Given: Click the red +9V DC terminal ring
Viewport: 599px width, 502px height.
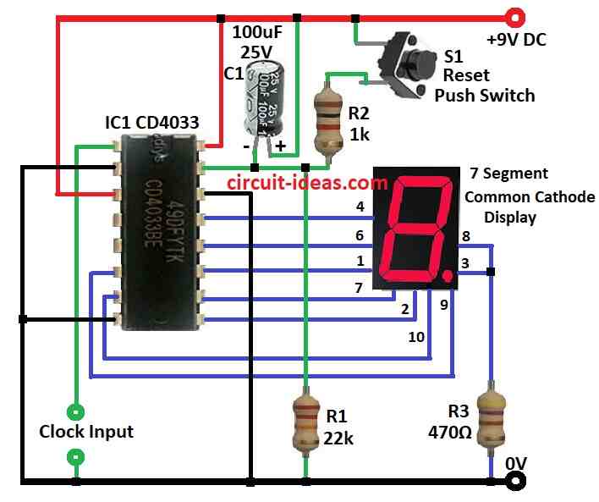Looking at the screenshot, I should (x=512, y=16).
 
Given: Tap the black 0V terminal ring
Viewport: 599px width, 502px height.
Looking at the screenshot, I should (x=512, y=482).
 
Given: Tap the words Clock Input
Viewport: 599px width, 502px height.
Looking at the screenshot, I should (x=86, y=432).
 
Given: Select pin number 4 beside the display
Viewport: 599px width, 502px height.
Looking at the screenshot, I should (x=360, y=206).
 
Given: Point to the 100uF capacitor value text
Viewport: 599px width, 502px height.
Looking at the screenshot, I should (x=257, y=32).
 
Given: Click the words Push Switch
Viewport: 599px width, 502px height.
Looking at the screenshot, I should (x=484, y=95).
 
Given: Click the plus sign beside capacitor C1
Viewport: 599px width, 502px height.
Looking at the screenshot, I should (x=280, y=145).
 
